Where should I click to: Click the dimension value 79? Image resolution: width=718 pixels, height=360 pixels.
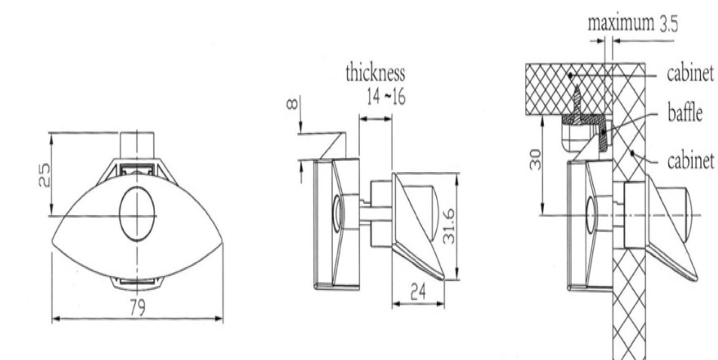[137, 308]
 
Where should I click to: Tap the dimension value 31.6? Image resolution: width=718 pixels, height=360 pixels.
[450, 226]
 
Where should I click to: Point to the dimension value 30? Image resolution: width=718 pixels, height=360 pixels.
[535, 159]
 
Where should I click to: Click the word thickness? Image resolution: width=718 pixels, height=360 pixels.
[375, 73]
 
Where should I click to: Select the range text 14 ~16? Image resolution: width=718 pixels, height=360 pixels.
[386, 97]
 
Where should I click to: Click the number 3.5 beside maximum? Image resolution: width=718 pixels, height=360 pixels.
[669, 24]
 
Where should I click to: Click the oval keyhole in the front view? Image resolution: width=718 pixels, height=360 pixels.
[137, 214]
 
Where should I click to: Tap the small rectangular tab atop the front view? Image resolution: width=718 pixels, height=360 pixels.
[137, 145]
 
